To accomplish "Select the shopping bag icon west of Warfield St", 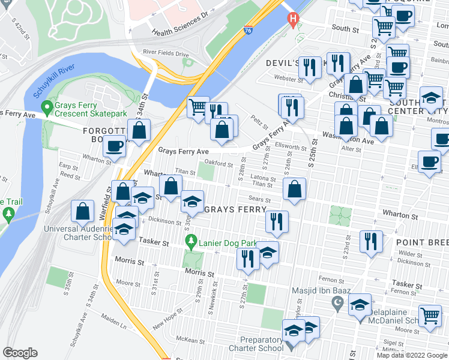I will point(82,211).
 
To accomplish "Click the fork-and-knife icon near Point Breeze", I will point(371,241).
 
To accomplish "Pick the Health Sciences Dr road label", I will point(178,24).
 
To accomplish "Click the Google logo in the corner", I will point(20,353).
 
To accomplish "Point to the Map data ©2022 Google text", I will point(411,355).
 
